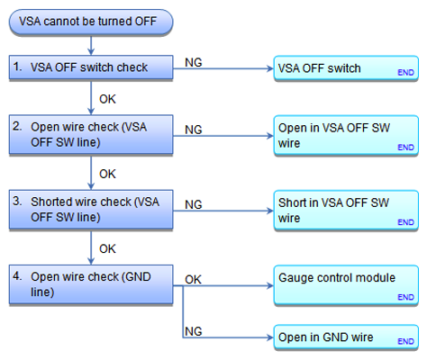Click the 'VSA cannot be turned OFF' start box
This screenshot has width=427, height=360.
coord(91,22)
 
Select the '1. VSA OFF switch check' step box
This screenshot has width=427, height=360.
coord(91,67)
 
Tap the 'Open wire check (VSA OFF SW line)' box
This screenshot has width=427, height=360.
coord(91,135)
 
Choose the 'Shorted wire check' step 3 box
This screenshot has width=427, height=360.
coord(91,210)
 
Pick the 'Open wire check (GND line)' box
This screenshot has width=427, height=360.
coord(91,284)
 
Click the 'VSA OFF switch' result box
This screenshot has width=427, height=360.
coord(346,68)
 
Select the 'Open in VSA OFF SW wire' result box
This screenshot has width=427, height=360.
coord(346,136)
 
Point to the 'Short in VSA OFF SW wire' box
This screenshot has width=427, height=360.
coord(346,211)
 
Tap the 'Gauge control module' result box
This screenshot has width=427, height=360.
coord(346,285)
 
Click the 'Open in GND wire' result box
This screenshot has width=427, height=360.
coord(346,337)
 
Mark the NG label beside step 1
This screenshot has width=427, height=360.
coord(194,63)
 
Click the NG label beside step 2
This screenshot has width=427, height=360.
coord(194,130)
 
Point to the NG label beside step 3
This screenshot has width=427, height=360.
coord(194,205)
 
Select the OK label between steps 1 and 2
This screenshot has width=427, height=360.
coord(107,99)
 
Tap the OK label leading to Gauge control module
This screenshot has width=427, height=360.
coord(193,280)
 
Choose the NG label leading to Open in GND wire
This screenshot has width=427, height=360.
coord(194,331)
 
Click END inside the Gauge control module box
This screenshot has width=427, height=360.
coord(405,297)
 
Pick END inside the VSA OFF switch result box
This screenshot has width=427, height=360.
coord(405,73)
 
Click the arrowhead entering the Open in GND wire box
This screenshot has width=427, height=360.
coord(270,337)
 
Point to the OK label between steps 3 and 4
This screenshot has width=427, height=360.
coord(107,249)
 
